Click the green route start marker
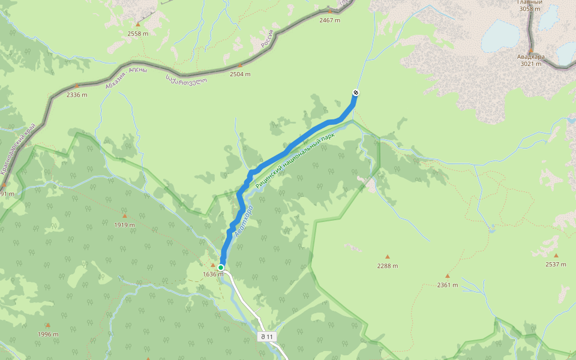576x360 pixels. coord(221,268)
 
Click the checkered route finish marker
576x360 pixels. coord(355,92)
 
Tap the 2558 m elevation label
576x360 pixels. coord(137,34)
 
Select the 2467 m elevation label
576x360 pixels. coord(329,20)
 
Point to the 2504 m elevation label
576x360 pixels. coord(240,74)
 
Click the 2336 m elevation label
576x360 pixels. coord(77,95)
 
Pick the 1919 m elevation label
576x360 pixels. coord(125,224)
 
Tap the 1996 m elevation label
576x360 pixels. coord(48,334)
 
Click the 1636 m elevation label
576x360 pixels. coord(212,274)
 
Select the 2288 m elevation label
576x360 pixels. coord(388,265)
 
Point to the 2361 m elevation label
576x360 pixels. coord(447,285)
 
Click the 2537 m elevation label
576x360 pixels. coord(556,264)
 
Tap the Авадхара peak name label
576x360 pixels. coord(531,57)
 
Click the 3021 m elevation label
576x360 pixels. coord(531,64)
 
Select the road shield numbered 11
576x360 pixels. coord(266,337)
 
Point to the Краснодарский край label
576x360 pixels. coord(18,150)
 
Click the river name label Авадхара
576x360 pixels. coord(244,221)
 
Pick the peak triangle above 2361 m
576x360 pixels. coord(447,276)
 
